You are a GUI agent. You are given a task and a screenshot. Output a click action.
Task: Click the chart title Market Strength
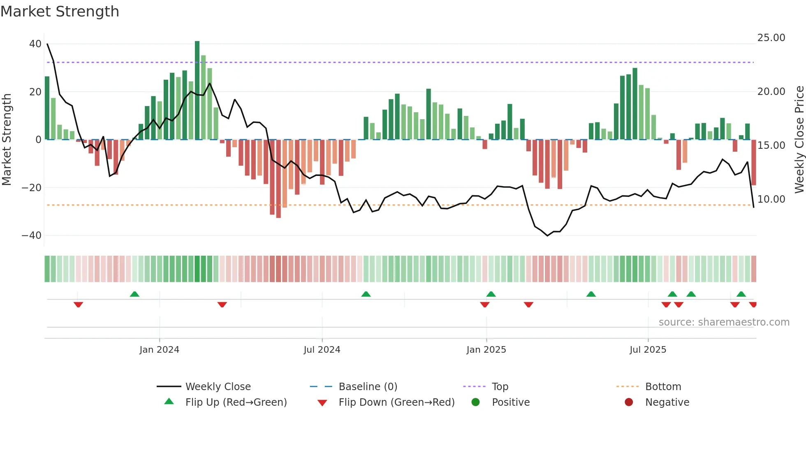pos(60,12)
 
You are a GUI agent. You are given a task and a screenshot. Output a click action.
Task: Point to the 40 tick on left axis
pos(35,44)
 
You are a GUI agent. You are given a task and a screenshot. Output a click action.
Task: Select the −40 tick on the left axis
pos(32,236)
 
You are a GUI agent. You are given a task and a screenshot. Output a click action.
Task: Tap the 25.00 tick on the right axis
pos(771,38)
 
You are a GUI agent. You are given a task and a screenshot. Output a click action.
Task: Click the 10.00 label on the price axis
pos(771,199)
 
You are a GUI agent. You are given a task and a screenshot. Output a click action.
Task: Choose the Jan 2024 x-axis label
pos(159,350)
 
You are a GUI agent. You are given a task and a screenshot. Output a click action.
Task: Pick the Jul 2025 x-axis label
pos(648,350)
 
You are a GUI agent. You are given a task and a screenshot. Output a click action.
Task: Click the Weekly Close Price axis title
pos(799,140)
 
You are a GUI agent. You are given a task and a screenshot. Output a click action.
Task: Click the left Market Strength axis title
pos(7,140)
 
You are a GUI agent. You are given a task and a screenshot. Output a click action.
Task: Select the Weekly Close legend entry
pos(218,387)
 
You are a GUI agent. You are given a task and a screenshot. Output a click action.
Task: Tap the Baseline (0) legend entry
pos(368,387)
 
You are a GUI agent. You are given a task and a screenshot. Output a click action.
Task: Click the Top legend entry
pos(500,387)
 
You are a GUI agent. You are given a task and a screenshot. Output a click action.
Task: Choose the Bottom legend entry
pos(663,387)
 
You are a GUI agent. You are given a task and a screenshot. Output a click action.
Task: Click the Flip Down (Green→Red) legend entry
pos(396,402)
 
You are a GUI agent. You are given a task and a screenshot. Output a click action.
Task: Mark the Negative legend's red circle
pos(629,402)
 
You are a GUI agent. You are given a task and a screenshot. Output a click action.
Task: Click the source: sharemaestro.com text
pos(724,322)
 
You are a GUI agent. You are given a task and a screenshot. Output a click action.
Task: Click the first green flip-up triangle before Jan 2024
pos(134,294)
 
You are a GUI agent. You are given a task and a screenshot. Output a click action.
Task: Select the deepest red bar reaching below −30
pos(278,179)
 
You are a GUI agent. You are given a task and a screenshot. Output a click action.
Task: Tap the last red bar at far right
pos(754,162)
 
